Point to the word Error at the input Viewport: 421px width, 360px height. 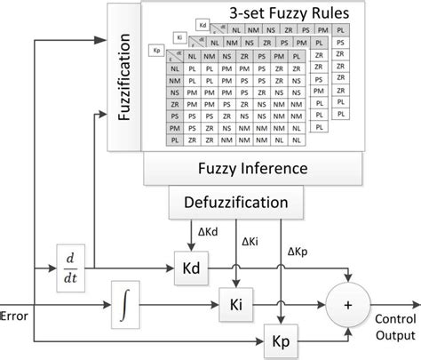point(16,314)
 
